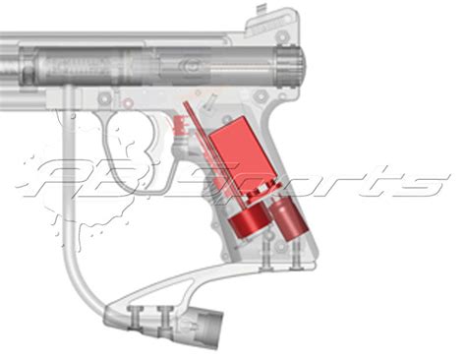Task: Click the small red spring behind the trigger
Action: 180,127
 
